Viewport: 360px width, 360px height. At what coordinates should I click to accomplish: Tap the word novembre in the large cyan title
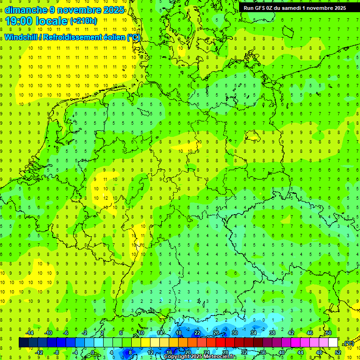click(x=79, y=10)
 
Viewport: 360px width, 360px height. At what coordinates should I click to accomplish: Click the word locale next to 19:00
click(x=51, y=21)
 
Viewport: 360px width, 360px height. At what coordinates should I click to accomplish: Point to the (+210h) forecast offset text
click(x=83, y=21)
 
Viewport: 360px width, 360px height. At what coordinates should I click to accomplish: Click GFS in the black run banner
click(x=261, y=8)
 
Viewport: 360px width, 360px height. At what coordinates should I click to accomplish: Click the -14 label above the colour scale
click(x=30, y=333)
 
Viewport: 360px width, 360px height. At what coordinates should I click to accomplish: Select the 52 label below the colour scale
click(x=338, y=352)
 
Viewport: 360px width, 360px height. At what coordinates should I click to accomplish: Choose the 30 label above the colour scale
click(x=234, y=333)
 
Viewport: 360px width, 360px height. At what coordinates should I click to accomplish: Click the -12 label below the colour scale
click(x=39, y=352)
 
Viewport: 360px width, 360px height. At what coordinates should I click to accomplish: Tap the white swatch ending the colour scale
click(x=333, y=343)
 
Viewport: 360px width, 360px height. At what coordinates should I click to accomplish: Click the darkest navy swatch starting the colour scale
click(x=23, y=343)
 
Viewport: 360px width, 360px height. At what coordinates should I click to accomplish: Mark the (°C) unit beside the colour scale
click(x=348, y=343)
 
